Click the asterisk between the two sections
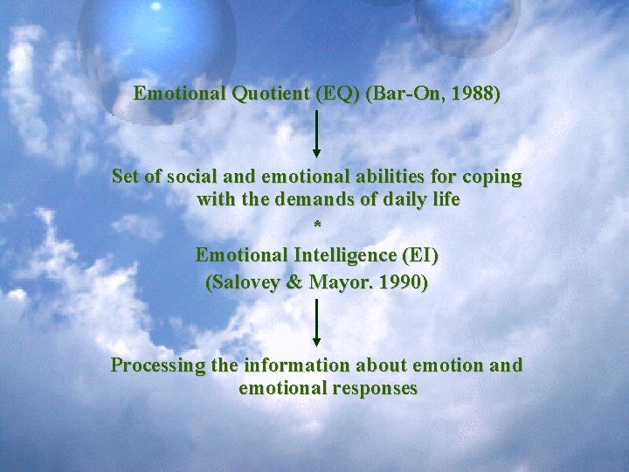(x=317, y=226)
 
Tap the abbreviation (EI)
(x=419, y=256)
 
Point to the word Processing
(x=158, y=365)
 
